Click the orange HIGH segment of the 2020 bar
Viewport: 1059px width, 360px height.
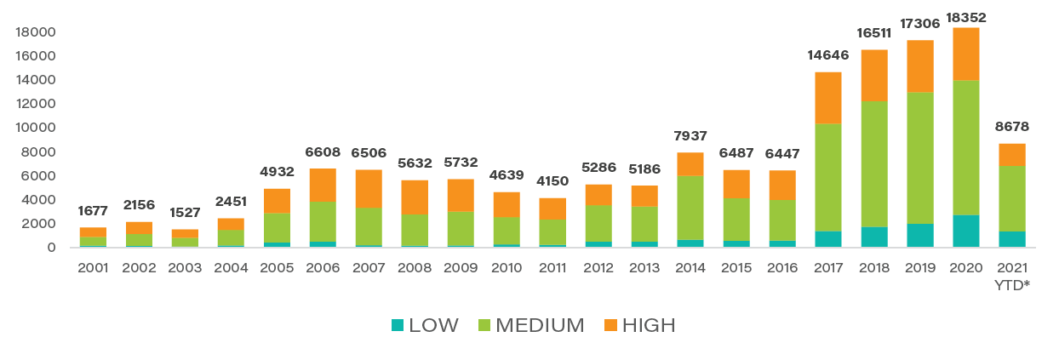coord(965,54)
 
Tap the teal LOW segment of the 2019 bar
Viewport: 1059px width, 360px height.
coord(919,235)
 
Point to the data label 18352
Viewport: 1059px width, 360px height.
coord(965,17)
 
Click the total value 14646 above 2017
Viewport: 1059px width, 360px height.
coord(827,56)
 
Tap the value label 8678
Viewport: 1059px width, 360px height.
coord(1011,127)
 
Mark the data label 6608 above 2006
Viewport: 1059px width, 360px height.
coord(323,152)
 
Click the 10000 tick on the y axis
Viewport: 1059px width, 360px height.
coord(37,128)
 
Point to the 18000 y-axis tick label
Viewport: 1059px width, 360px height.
coord(37,32)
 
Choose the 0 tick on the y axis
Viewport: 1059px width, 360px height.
coord(51,248)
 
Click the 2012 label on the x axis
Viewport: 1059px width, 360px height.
coord(598,267)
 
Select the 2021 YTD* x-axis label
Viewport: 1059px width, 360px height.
coord(1011,275)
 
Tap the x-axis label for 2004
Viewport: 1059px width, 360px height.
coord(231,267)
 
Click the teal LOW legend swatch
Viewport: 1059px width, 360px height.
coord(398,325)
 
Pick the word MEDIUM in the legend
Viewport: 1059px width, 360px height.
coord(540,325)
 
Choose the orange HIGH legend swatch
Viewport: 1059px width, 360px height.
coord(610,325)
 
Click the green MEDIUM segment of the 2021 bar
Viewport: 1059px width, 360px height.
coord(1011,198)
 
